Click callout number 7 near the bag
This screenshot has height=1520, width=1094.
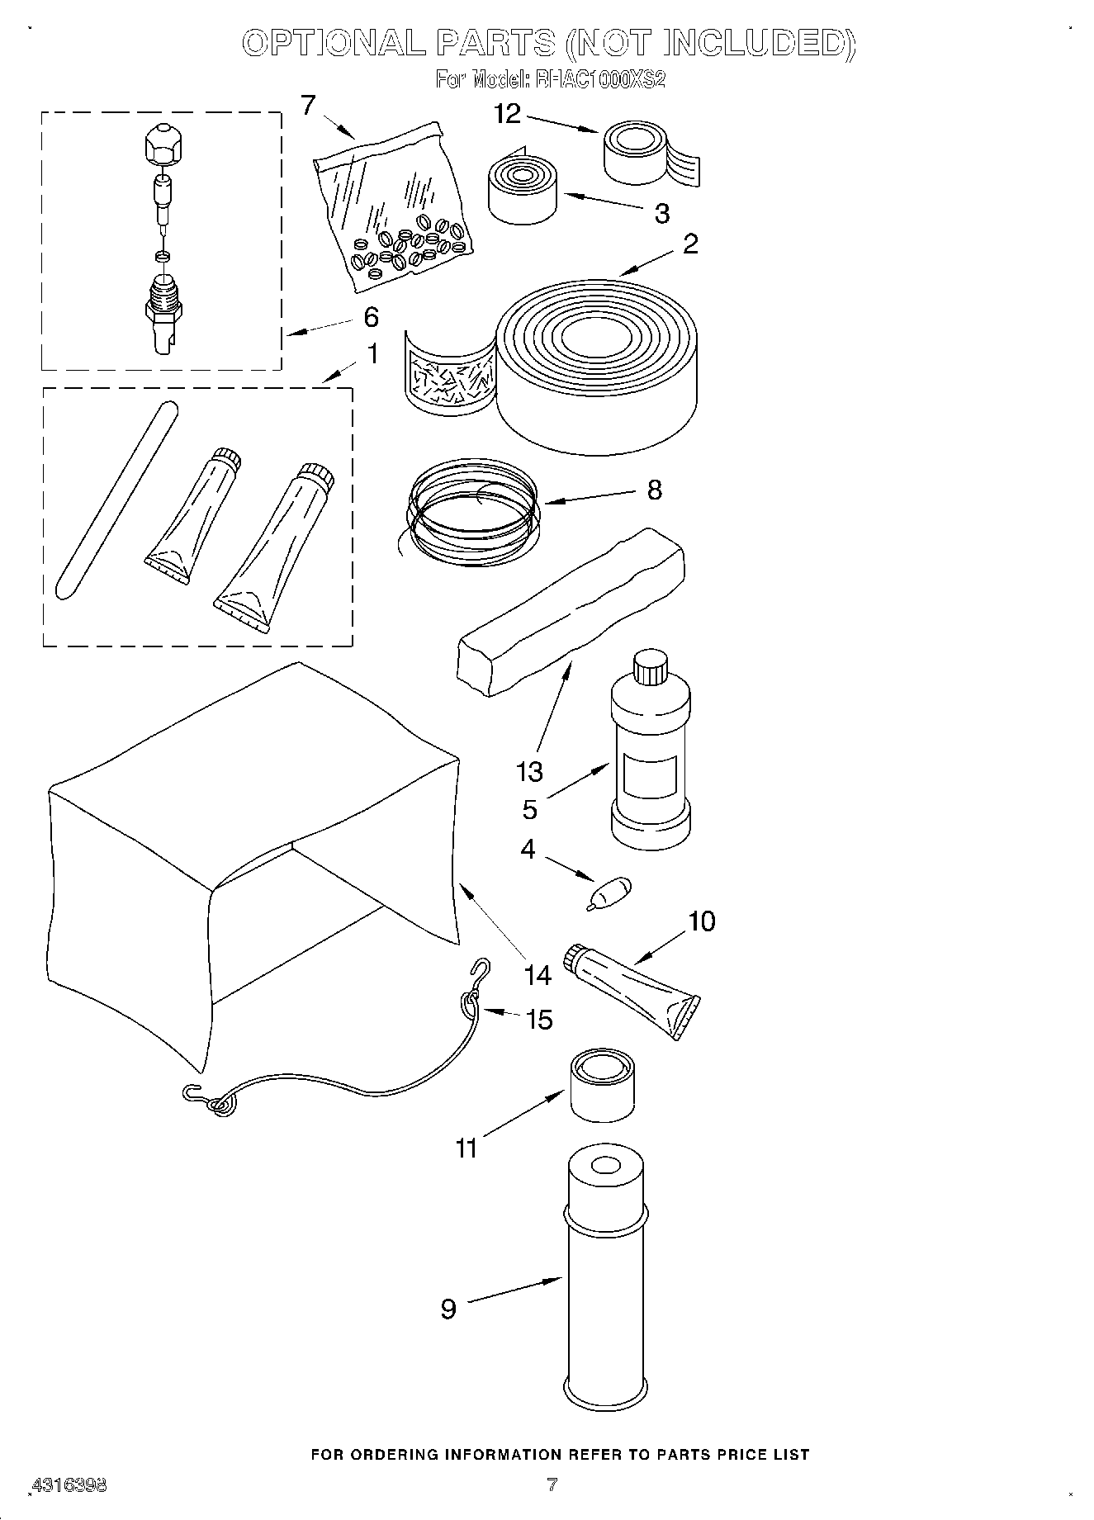(x=308, y=106)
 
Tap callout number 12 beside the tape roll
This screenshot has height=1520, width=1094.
(x=507, y=114)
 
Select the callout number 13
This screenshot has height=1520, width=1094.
(x=529, y=771)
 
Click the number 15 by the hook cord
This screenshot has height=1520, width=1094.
(x=539, y=1020)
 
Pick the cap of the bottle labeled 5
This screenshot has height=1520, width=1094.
(x=649, y=667)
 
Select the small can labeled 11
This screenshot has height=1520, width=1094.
(x=602, y=1085)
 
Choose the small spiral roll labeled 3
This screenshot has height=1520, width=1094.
(x=523, y=188)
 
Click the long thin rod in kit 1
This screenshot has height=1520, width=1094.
(x=116, y=499)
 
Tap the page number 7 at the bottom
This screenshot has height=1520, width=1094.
(x=552, y=1484)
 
